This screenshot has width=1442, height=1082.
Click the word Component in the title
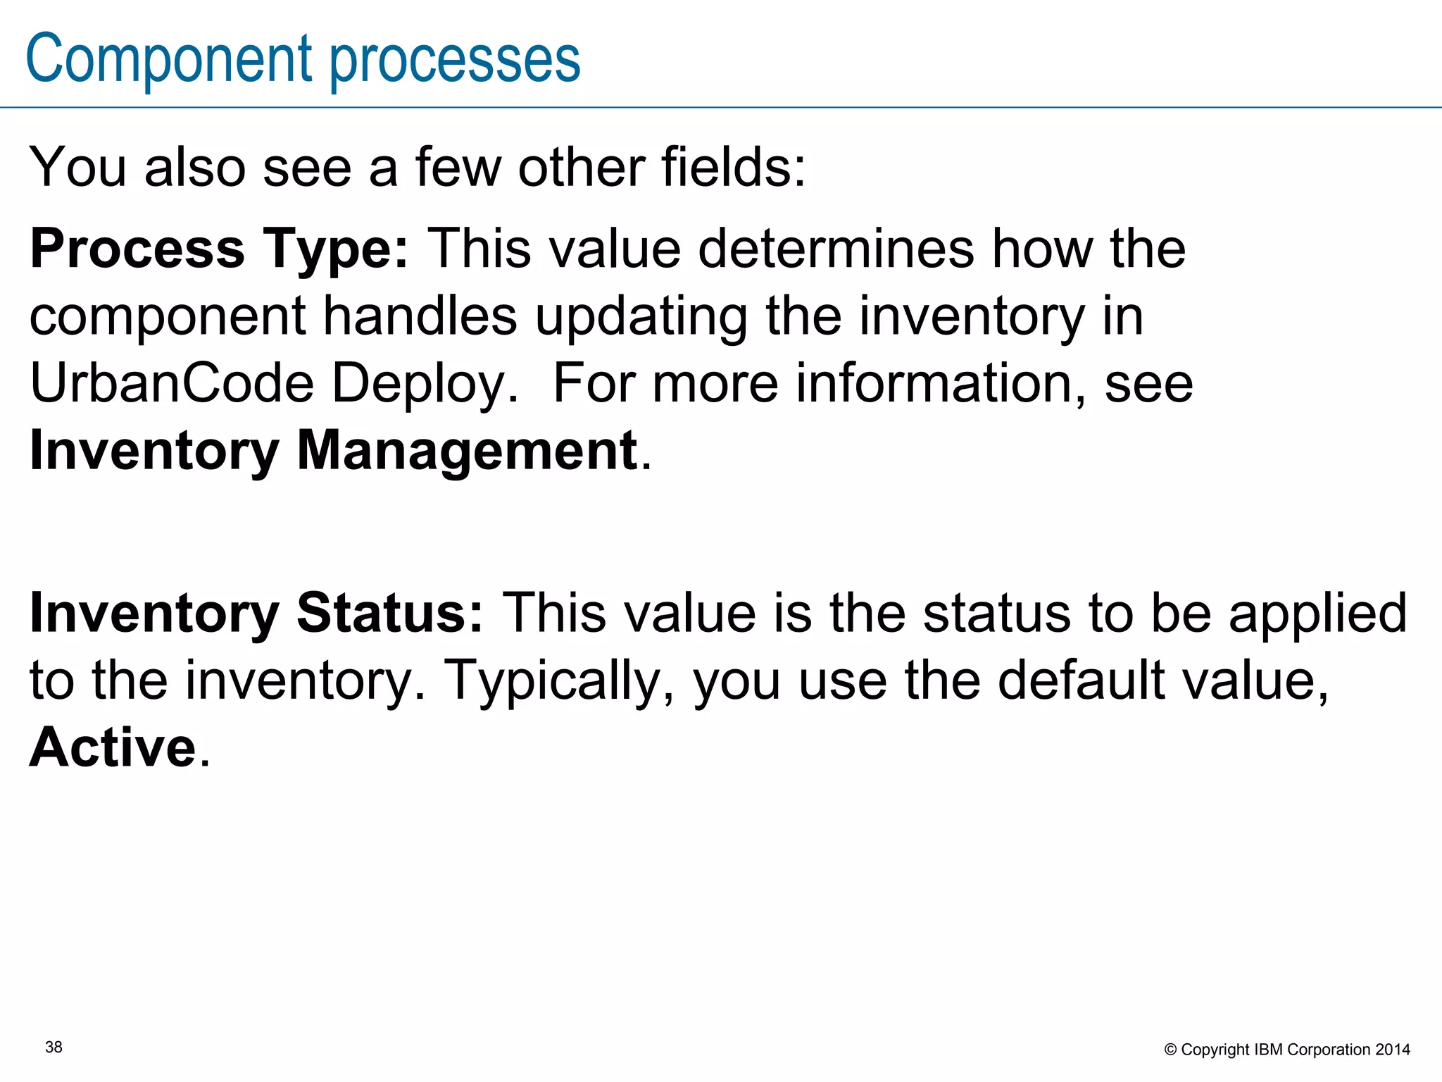tap(169, 60)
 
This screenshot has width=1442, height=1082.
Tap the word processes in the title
tap(455, 60)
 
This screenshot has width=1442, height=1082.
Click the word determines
tap(836, 249)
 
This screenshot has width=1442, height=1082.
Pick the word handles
tap(420, 316)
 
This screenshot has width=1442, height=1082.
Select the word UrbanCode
tap(172, 383)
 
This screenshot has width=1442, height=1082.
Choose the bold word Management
tap(467, 450)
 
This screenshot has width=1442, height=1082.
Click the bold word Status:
tap(390, 613)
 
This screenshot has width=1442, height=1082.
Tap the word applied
tap(1317, 613)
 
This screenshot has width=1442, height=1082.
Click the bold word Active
tap(113, 747)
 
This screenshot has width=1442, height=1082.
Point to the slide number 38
tap(54, 1047)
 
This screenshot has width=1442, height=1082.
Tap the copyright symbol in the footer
tap(1170, 1050)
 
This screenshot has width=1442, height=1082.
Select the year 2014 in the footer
tap(1393, 1050)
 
